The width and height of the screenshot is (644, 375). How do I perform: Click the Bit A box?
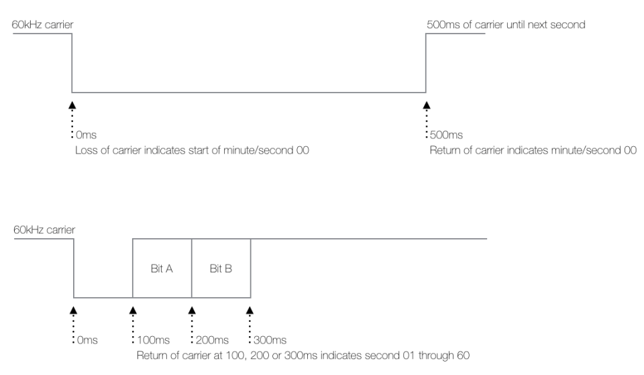(x=162, y=268)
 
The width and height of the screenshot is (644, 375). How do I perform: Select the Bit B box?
(x=221, y=268)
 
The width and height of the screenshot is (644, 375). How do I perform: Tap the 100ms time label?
(x=153, y=340)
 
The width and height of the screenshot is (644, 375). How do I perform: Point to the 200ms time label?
(x=212, y=340)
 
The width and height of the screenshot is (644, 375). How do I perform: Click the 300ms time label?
(x=270, y=340)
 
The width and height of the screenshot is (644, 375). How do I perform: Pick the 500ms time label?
(x=446, y=135)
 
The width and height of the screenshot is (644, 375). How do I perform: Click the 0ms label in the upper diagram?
(x=87, y=135)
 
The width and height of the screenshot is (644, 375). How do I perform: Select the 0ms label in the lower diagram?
(x=87, y=340)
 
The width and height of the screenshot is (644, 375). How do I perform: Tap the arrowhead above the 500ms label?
(x=427, y=105)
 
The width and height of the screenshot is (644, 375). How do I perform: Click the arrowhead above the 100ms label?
(x=133, y=311)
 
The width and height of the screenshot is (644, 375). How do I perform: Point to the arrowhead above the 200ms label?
(x=192, y=311)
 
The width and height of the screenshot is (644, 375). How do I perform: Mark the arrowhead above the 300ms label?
(x=250, y=311)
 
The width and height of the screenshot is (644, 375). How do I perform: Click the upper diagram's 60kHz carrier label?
(x=42, y=25)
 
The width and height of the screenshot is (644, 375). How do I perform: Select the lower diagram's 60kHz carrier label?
(x=44, y=229)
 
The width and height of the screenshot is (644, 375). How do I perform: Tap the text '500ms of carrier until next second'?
(x=506, y=25)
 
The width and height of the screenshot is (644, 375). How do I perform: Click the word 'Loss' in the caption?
(x=86, y=150)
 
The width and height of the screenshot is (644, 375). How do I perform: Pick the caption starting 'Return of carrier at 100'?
(x=303, y=356)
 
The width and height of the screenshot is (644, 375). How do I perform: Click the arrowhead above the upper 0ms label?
(x=72, y=105)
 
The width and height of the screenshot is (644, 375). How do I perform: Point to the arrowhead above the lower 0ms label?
(x=74, y=311)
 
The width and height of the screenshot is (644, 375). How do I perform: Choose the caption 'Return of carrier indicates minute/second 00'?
(x=533, y=150)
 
